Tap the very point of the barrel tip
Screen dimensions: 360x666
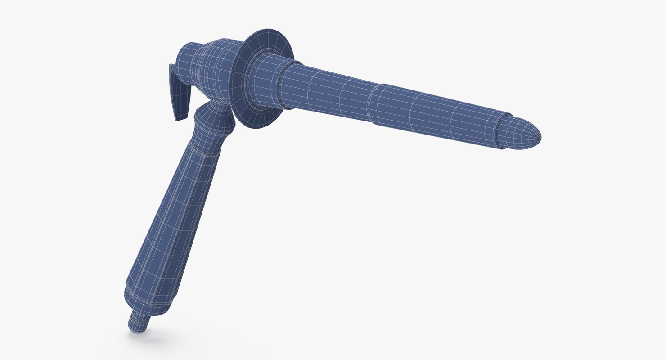540,138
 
